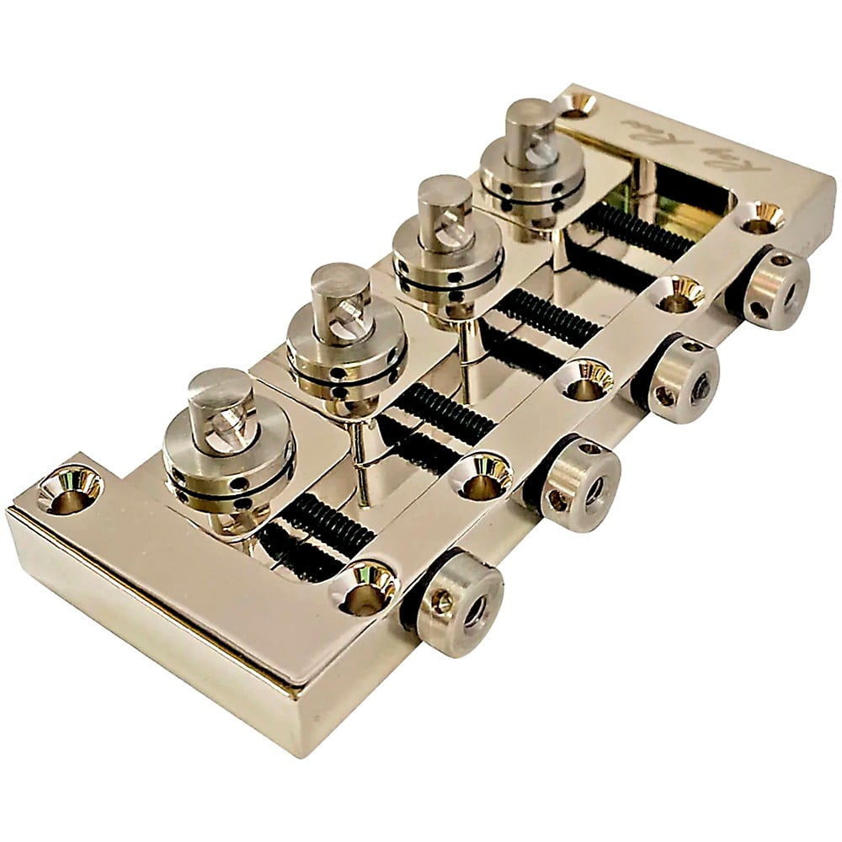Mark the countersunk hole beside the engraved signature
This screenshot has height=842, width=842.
(x=579, y=104)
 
